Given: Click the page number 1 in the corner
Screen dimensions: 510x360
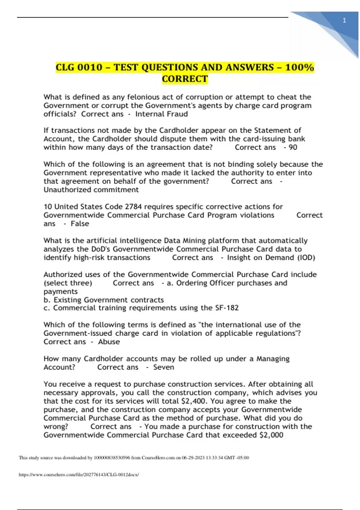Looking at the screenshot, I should tap(344, 21).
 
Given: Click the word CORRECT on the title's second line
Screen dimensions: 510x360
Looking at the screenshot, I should tap(185, 79).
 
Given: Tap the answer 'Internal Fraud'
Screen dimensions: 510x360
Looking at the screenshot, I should tap(161, 114).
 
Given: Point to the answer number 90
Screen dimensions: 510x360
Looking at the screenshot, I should tap(293, 147).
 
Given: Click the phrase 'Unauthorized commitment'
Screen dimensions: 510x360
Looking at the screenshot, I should tap(91, 190).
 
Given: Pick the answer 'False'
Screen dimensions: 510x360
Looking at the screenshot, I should tap(80, 223).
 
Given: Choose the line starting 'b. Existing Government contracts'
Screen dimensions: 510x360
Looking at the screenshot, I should tap(104, 300).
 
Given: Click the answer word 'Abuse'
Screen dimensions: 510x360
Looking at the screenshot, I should tap(109, 342).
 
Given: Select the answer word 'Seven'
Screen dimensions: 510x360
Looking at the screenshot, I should tap(163, 367).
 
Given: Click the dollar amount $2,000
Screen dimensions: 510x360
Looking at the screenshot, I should tap(271, 435).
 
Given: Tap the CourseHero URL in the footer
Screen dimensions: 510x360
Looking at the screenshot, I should tap(79, 475).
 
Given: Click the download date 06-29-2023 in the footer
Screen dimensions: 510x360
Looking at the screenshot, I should tap(193, 458).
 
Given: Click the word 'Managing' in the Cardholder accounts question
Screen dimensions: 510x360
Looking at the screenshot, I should tap(273, 359).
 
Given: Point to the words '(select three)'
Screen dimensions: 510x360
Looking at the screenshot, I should tap(68, 283).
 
